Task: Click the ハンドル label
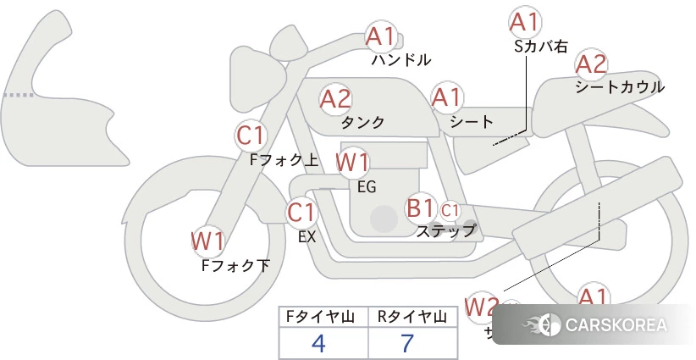click(x=401, y=60)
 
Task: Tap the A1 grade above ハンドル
click(x=381, y=36)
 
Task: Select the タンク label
click(x=362, y=122)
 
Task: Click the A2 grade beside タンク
click(x=335, y=99)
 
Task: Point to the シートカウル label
click(x=620, y=86)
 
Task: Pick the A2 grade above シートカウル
click(x=591, y=64)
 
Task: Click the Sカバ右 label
click(x=541, y=47)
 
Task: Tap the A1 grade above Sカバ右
click(x=524, y=21)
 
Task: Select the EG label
click(x=367, y=186)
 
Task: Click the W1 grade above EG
click(x=352, y=162)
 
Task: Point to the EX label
click(x=307, y=237)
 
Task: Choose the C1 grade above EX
click(x=301, y=212)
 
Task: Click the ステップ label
click(x=445, y=230)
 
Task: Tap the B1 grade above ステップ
click(x=420, y=207)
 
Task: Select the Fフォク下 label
click(x=235, y=266)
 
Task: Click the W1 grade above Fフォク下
click(x=207, y=241)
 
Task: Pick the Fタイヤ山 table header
click(x=323, y=317)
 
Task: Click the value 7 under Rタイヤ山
click(x=407, y=344)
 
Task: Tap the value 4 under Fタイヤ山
click(x=319, y=344)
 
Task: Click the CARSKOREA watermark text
click(x=615, y=324)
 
